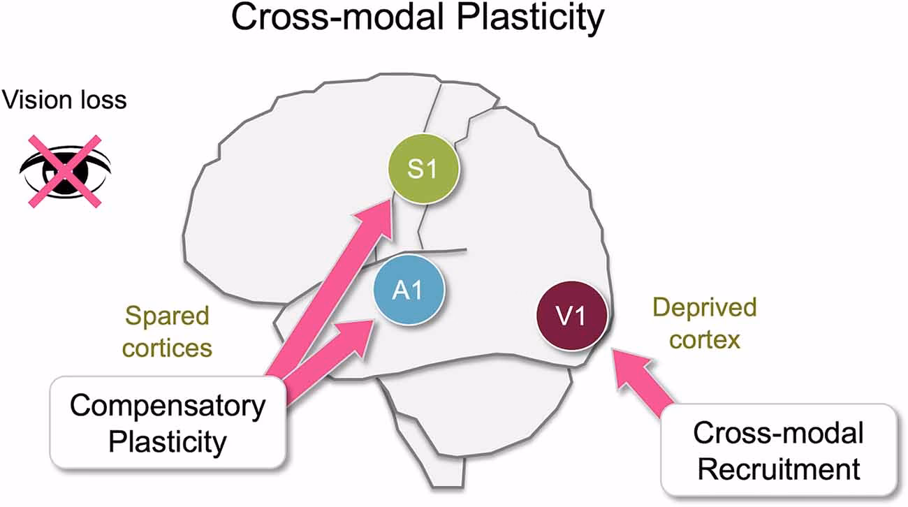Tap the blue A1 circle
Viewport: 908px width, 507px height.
(408, 291)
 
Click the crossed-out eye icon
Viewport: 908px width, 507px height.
(64, 170)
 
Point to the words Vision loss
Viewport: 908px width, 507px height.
(64, 100)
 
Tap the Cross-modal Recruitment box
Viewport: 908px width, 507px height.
(778, 451)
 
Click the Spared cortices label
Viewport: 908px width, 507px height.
(168, 332)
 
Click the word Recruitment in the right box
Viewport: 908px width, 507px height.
(778, 469)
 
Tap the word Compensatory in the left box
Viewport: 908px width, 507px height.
(168, 406)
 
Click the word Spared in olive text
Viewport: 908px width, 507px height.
(168, 316)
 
